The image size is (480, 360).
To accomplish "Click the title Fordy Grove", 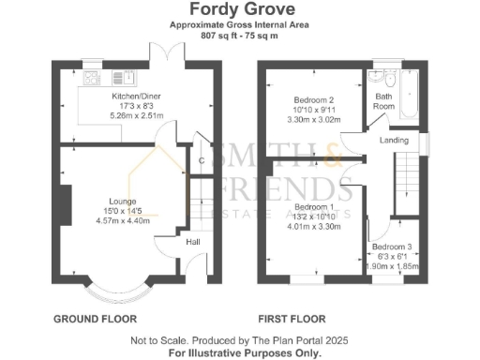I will tap(239, 11).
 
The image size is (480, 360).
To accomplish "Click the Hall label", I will tap(193, 242).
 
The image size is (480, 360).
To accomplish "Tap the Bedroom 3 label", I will tap(391, 247).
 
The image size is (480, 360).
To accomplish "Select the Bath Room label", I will tap(383, 100).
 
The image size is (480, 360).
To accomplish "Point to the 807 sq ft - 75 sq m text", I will tap(239, 35).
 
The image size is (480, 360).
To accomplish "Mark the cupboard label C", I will tap(202, 160).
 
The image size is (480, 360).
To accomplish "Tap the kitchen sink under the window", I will tap(95, 78).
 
